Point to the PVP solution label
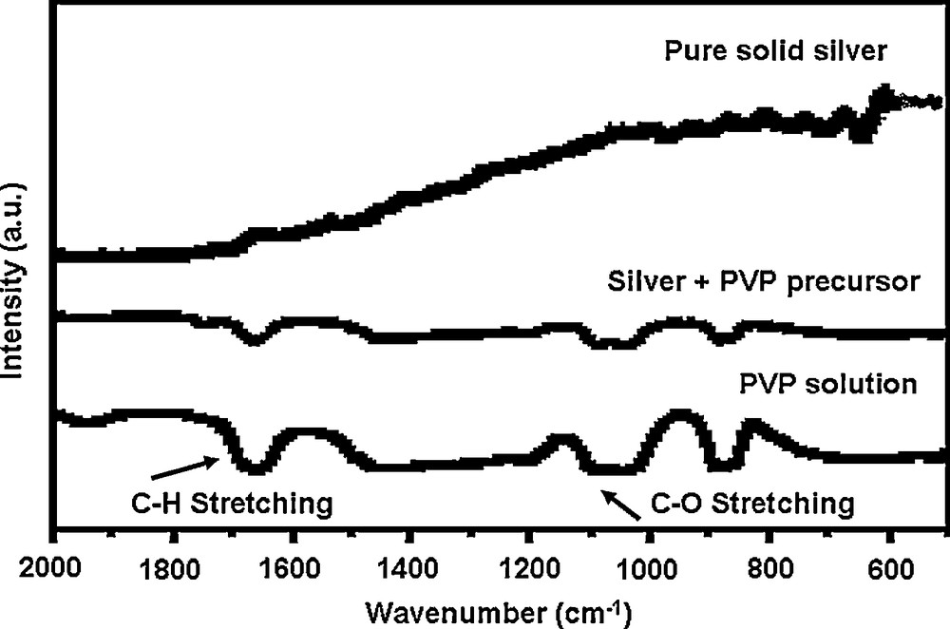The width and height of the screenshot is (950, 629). (827, 385)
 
